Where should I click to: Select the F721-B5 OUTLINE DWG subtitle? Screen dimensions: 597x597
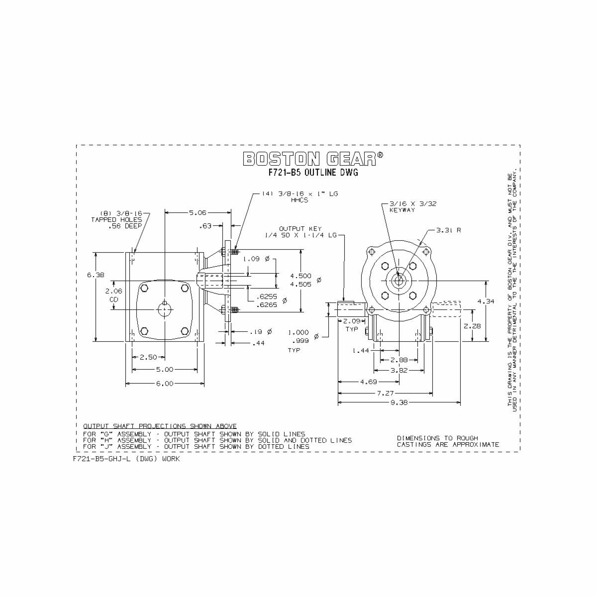(313, 173)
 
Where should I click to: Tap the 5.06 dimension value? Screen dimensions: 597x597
(198, 212)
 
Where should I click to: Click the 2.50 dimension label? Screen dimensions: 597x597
(148, 357)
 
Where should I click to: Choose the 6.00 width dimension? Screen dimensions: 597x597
(165, 384)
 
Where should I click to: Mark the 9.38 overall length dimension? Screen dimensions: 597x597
(399, 403)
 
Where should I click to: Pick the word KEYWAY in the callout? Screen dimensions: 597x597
(402, 210)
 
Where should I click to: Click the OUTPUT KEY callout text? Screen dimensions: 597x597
(307, 228)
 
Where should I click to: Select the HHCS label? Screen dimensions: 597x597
(300, 200)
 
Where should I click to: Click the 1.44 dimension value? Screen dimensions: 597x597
(361, 351)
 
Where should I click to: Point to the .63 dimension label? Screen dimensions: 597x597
(205, 226)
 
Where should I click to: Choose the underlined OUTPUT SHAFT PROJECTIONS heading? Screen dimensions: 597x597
(160, 426)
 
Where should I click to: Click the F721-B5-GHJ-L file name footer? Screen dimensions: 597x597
(126, 459)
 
